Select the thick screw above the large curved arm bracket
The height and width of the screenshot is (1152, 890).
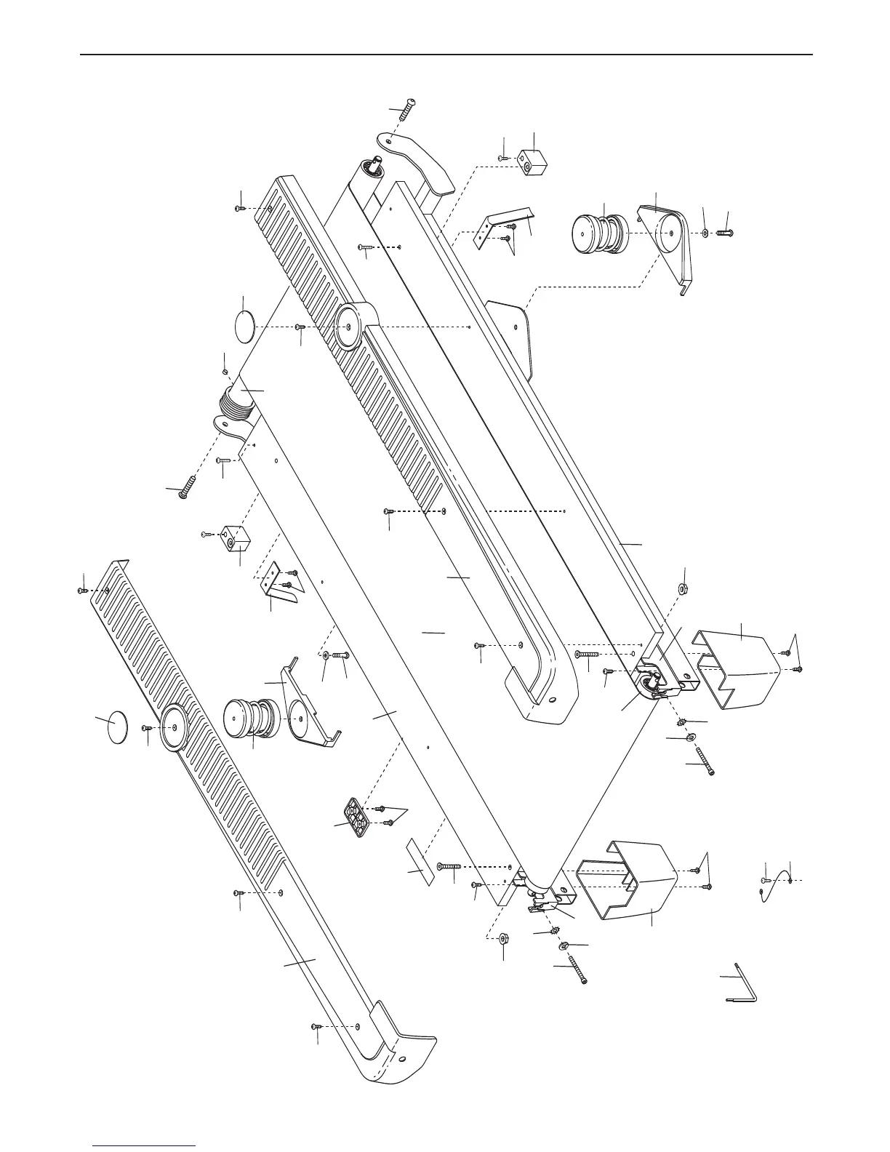403,111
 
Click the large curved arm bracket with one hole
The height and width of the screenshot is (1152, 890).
417,159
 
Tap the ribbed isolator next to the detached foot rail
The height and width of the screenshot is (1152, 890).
249,719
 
